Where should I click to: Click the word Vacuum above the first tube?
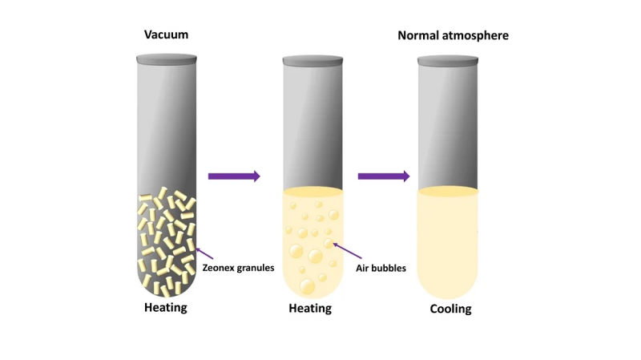coord(166,34)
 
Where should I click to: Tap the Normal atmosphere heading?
coord(453,35)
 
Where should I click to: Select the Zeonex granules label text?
coord(238,268)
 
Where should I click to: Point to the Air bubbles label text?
coord(381,269)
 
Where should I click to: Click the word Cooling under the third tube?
coord(450,309)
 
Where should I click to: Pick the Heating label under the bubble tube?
coord(310,308)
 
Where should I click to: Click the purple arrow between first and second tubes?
coord(234,176)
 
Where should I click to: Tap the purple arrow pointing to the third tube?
coord(384,176)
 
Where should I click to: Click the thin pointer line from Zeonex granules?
coord(204,253)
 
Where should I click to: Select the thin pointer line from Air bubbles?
coord(348,251)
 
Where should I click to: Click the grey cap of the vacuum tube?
coord(167,59)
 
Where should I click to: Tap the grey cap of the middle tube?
coord(312,61)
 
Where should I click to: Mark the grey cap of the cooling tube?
coord(448,61)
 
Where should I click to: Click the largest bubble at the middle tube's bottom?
coord(308,286)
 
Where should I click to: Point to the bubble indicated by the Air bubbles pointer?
coord(329,244)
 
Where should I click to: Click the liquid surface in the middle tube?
coord(312,192)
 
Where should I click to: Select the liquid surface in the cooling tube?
coord(448,191)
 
